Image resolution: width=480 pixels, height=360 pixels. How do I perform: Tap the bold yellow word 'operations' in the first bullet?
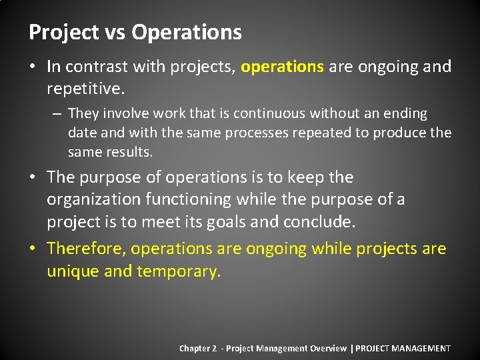(x=282, y=67)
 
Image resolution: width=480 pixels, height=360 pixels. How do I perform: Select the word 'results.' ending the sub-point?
(x=130, y=152)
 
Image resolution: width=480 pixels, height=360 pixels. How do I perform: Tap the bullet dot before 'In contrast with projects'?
(x=34, y=67)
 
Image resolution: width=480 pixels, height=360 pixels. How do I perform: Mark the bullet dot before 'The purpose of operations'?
(x=34, y=177)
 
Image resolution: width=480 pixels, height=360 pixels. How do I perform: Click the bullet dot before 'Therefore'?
(x=34, y=249)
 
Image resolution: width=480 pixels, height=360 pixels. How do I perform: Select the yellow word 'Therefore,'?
(x=86, y=249)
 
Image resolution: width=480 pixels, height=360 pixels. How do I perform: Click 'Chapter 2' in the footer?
(x=198, y=348)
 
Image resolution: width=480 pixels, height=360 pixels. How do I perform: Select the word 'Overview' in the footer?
(x=328, y=348)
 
